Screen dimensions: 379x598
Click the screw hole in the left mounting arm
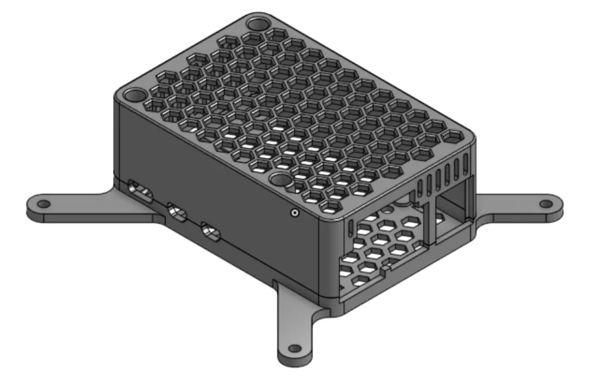(43, 204)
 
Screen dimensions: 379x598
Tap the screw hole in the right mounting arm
(547, 204)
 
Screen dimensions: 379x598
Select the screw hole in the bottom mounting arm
(293, 349)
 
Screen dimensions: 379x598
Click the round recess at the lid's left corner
(134, 96)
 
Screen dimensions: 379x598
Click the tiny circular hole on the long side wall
(294, 213)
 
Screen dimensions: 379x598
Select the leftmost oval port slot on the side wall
(139, 191)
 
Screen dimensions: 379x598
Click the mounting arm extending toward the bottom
(295, 327)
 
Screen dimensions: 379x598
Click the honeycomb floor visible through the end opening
(376, 251)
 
